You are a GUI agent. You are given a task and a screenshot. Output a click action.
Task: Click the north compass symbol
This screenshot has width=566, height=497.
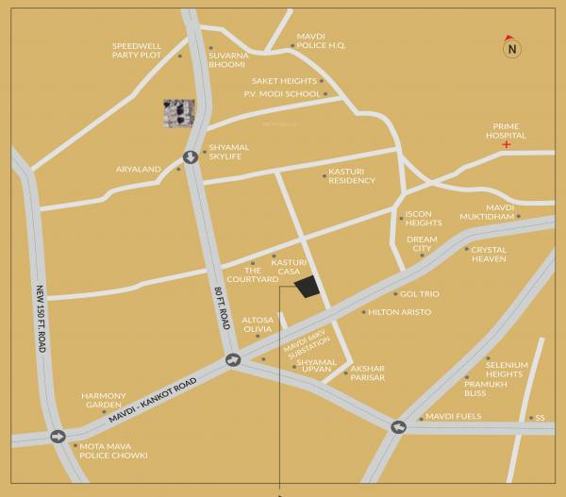511,47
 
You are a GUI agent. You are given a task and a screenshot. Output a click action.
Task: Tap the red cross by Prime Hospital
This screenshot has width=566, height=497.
507,144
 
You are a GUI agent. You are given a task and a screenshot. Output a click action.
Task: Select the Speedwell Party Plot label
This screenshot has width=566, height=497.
137,50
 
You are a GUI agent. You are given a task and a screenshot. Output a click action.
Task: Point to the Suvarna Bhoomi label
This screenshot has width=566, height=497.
228,59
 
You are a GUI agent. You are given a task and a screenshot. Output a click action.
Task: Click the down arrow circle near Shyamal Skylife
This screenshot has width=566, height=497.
191,157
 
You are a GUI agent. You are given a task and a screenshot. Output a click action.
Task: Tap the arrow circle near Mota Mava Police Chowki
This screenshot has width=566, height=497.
58,437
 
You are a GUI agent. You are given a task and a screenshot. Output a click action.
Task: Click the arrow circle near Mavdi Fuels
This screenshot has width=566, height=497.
398,427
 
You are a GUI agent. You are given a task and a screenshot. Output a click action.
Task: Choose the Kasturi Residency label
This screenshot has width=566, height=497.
351,175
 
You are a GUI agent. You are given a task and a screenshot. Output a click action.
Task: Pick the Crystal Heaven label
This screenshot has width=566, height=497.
489,255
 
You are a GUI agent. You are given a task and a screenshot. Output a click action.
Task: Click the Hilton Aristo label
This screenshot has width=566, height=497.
399,312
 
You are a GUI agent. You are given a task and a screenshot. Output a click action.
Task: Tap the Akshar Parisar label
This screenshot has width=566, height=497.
368,373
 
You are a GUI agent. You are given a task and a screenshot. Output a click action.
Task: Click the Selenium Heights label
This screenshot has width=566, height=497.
507,368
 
